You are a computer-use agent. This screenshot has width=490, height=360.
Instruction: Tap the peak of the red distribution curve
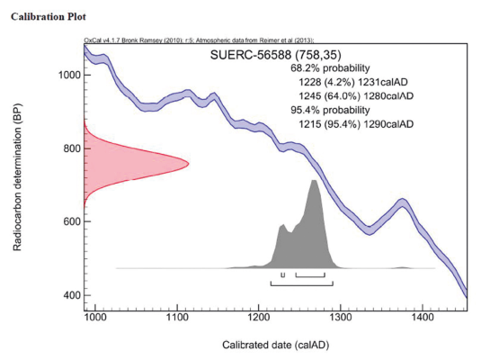(189, 162)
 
